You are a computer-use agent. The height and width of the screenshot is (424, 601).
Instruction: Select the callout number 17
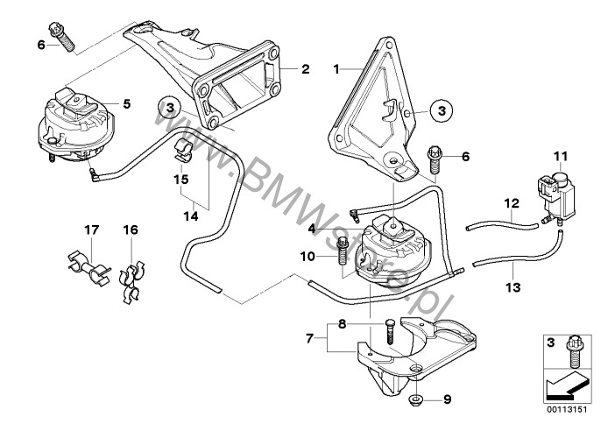[x=89, y=230]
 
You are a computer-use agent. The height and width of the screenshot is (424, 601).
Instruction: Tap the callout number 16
[x=131, y=230]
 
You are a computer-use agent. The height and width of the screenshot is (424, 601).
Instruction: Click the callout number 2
[x=305, y=68]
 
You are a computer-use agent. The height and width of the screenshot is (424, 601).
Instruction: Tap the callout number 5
[x=127, y=103]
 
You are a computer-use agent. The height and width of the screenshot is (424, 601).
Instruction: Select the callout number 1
[x=336, y=67]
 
